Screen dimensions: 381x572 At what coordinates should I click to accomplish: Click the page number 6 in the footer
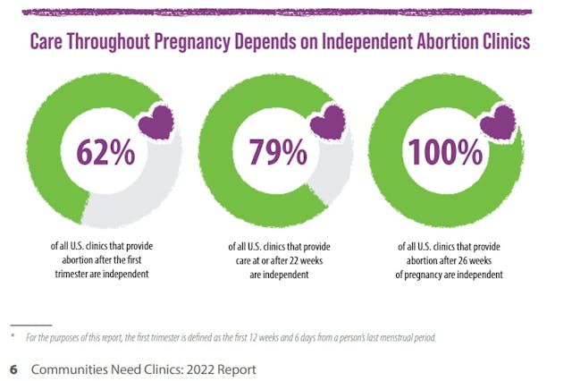13,368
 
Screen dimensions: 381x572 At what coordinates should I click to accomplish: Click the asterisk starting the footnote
13,335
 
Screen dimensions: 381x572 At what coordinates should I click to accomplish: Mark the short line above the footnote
31,324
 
